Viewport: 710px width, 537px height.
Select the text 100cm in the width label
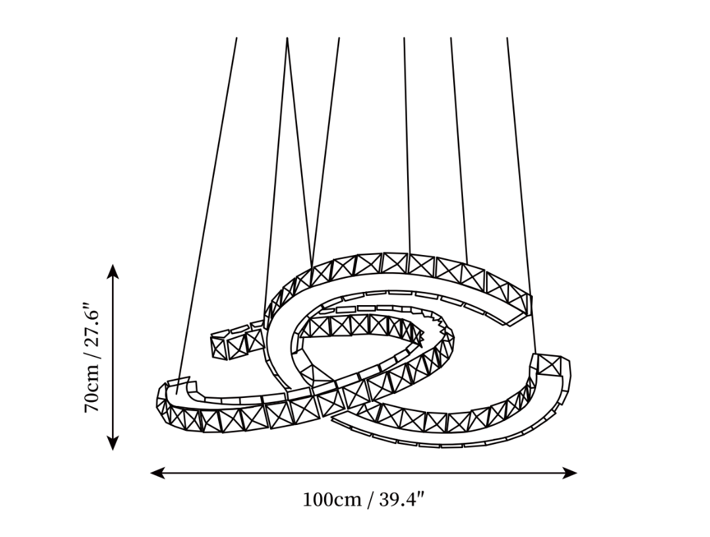click(332, 500)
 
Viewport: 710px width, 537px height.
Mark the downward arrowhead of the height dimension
click(113, 443)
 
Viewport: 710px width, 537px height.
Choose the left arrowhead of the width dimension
click(157, 474)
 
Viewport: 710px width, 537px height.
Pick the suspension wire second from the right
click(458, 150)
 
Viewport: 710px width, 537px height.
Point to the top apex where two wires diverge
click(287, 38)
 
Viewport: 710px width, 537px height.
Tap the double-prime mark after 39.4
click(422, 495)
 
